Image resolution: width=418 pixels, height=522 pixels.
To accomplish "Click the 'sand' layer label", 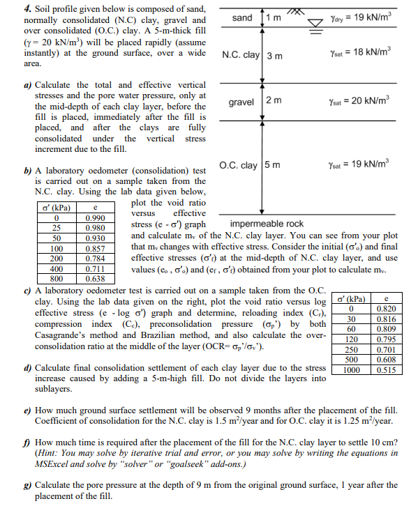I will coord(241,17).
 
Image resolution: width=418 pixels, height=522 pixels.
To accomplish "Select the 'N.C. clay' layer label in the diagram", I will coord(240,56).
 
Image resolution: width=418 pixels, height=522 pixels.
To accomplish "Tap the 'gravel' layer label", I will coord(241,102).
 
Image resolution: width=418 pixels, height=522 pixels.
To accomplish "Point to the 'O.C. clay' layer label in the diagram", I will coord(239,165).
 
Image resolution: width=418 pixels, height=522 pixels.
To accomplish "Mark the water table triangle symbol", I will coord(314,21).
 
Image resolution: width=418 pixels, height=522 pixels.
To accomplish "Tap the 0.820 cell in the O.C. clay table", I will coord(386,309).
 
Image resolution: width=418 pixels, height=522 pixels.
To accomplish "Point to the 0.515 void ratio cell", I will coord(386,370).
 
